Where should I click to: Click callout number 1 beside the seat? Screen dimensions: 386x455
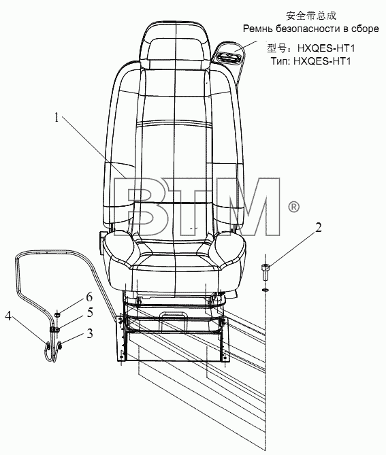click(57, 118)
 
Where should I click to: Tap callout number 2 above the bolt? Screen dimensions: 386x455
click(319, 228)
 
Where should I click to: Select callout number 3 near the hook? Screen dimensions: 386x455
click(90, 334)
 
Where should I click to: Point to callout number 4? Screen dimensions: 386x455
click(8, 316)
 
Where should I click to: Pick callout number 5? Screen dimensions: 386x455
click(90, 313)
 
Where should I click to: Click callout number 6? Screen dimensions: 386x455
click(89, 297)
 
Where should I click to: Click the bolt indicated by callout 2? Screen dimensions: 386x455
click(266, 272)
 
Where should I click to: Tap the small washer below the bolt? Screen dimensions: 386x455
click(266, 290)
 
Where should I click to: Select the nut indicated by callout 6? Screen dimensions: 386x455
click(57, 314)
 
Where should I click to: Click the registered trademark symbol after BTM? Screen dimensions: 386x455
click(293, 207)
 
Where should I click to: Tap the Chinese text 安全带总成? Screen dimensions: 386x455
click(311, 16)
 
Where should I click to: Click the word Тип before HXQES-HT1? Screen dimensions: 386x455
click(280, 61)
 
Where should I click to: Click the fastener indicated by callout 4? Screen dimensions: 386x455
click(48, 346)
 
